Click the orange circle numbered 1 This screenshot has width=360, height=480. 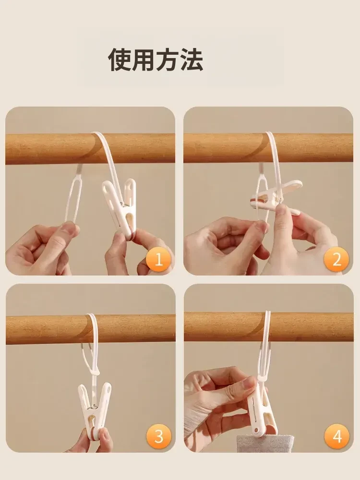(x=158, y=259)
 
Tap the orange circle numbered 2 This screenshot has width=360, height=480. (x=337, y=259)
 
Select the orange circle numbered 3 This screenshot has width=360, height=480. (x=158, y=436)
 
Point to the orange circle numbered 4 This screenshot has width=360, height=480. (x=337, y=436)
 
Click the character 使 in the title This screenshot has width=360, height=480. (x=120, y=60)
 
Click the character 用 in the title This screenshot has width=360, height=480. (x=144, y=60)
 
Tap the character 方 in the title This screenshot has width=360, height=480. (x=168, y=60)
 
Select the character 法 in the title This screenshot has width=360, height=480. (x=192, y=60)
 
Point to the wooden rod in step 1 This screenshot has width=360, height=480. (x=90, y=148)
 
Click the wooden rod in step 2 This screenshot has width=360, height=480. (x=268, y=148)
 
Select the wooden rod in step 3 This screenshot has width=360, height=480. (x=91, y=329)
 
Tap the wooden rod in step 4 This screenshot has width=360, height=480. (x=269, y=326)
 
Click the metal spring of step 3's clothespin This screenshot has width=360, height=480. (x=95, y=407)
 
